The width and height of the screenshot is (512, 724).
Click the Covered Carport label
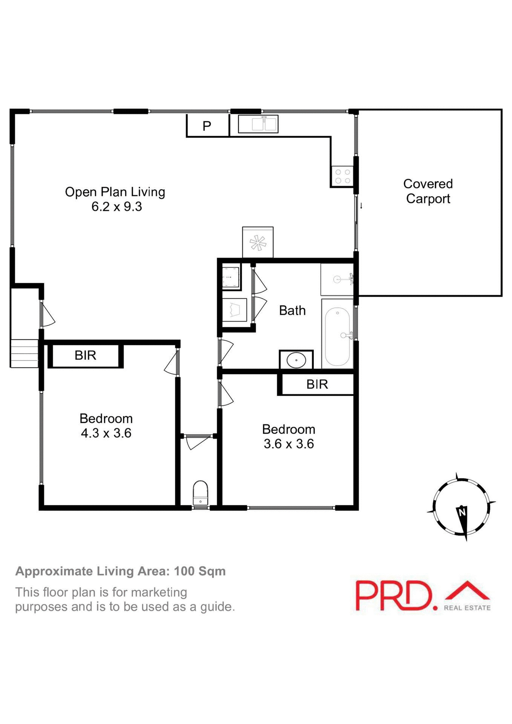pyautogui.click(x=428, y=191)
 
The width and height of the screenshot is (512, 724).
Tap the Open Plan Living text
pyautogui.click(x=115, y=192)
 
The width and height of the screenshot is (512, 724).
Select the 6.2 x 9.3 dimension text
pyautogui.click(x=117, y=207)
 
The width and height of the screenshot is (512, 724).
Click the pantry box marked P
pyautogui.click(x=207, y=126)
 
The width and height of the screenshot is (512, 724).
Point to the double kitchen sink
pyautogui.click(x=258, y=124)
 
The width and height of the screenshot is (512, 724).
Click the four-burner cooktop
pyautogui.click(x=342, y=176)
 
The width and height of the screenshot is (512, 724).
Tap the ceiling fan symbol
pyautogui.click(x=258, y=242)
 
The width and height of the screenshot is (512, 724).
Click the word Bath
pyautogui.click(x=292, y=310)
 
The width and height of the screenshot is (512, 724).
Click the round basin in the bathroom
pyautogui.click(x=296, y=360)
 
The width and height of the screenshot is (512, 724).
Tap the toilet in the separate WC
pyautogui.click(x=200, y=493)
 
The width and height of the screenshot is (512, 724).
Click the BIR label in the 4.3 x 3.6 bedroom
pyautogui.click(x=86, y=355)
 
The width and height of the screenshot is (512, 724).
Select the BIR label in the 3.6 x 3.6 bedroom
pyautogui.click(x=317, y=384)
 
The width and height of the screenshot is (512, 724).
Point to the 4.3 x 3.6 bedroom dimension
pyautogui.click(x=106, y=433)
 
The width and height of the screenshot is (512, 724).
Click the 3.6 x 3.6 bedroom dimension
pyautogui.click(x=289, y=444)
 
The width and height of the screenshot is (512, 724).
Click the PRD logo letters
pyautogui.click(x=394, y=596)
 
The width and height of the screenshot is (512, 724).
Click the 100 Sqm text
pyautogui.click(x=199, y=571)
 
